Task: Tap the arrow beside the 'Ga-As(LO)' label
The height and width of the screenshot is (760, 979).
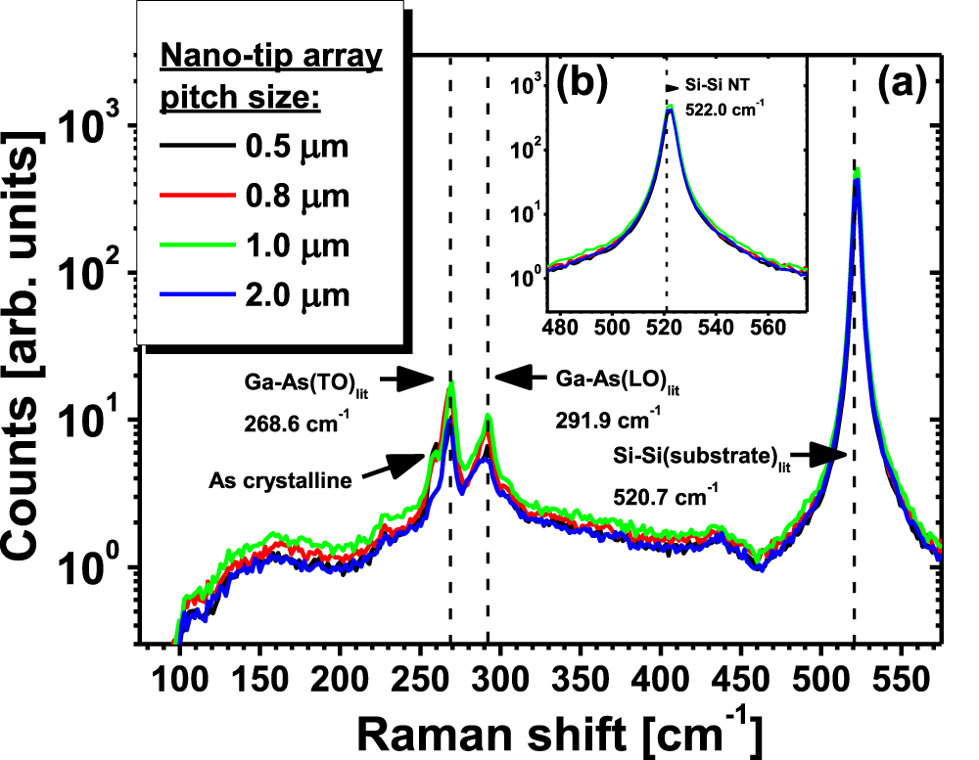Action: click(520, 377)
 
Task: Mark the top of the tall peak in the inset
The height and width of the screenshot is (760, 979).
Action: click(670, 108)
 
